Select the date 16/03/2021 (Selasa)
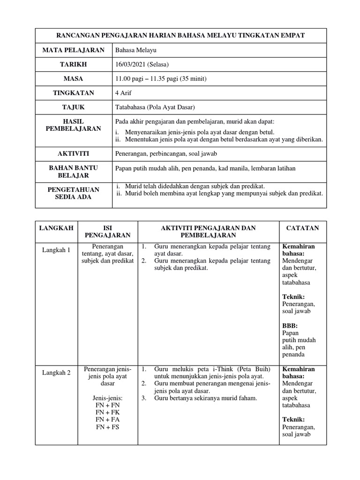(142, 64)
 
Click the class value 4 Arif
(124, 93)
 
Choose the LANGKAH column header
(56, 228)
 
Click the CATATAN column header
(302, 228)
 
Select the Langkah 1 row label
(56, 250)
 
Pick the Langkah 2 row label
(56, 373)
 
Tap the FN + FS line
(108, 427)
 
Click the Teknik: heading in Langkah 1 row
(293, 297)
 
